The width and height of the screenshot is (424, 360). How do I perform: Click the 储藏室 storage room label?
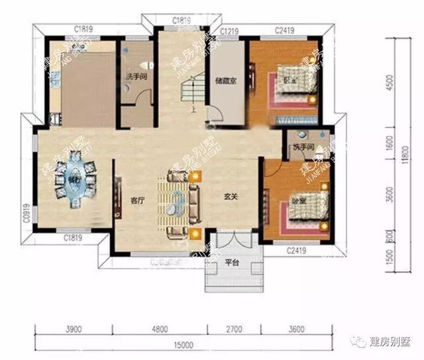click(x=223, y=82)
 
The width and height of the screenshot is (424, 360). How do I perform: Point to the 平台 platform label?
click(x=231, y=262)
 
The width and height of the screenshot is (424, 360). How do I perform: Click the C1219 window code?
click(x=229, y=31)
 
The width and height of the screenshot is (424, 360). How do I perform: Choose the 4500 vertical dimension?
click(x=391, y=84)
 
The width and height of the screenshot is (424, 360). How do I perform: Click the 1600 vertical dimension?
click(x=391, y=142)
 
